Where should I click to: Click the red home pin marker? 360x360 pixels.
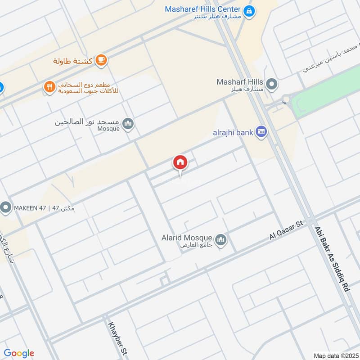(x=180, y=162)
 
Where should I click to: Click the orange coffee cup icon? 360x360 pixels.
(x=102, y=60)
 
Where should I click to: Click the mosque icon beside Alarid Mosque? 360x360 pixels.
(x=220, y=240)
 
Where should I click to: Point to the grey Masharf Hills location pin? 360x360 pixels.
(x=271, y=84)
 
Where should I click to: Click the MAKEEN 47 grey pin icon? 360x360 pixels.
(x=6, y=208)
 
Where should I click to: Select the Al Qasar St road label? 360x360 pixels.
(x=287, y=229)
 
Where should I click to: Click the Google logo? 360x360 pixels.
(x=19, y=353)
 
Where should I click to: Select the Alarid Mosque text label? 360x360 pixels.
(x=187, y=238)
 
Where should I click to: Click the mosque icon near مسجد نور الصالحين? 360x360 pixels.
(x=128, y=123)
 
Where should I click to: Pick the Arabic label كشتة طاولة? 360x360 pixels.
(x=73, y=61)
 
